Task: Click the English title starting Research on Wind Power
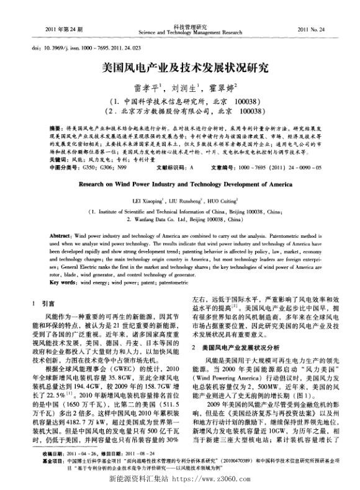pos(179,184)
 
